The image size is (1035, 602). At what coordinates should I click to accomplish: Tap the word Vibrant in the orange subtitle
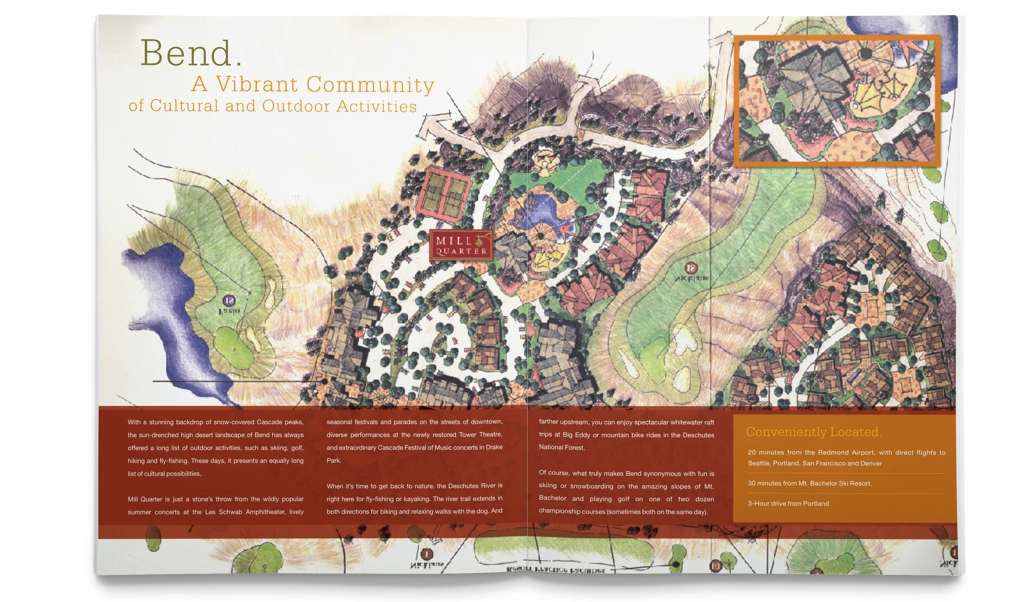[x=257, y=84]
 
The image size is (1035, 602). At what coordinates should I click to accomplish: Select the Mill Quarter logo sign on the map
[x=461, y=245]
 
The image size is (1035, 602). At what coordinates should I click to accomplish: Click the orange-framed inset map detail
[x=836, y=101]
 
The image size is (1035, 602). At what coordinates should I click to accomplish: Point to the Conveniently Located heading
[x=814, y=432]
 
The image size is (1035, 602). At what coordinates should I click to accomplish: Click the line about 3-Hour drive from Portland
[x=788, y=503]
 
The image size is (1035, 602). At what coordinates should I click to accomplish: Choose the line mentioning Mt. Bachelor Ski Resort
[x=809, y=483]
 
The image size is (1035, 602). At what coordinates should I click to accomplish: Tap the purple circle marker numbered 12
[x=229, y=301]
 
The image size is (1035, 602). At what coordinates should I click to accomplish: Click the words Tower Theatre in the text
[x=480, y=434]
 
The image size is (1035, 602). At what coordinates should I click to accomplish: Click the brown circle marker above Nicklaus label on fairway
[x=691, y=268]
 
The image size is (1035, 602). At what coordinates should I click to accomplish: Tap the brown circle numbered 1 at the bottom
[x=427, y=554]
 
